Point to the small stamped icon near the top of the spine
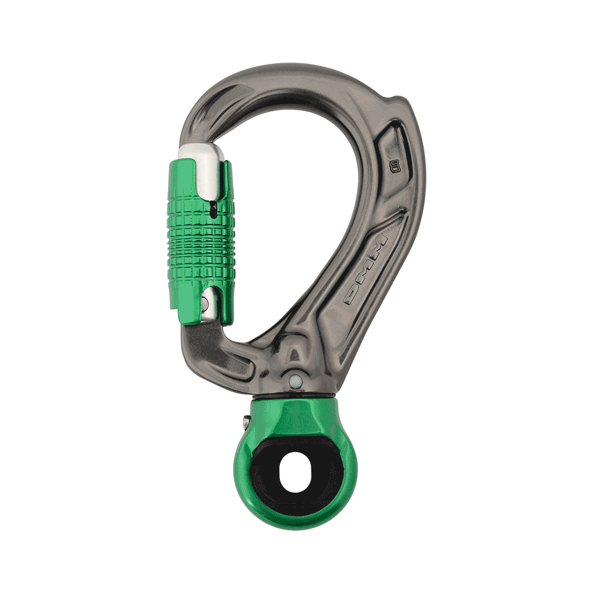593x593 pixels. [x=393, y=165]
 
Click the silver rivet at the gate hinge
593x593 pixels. [x=205, y=304]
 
